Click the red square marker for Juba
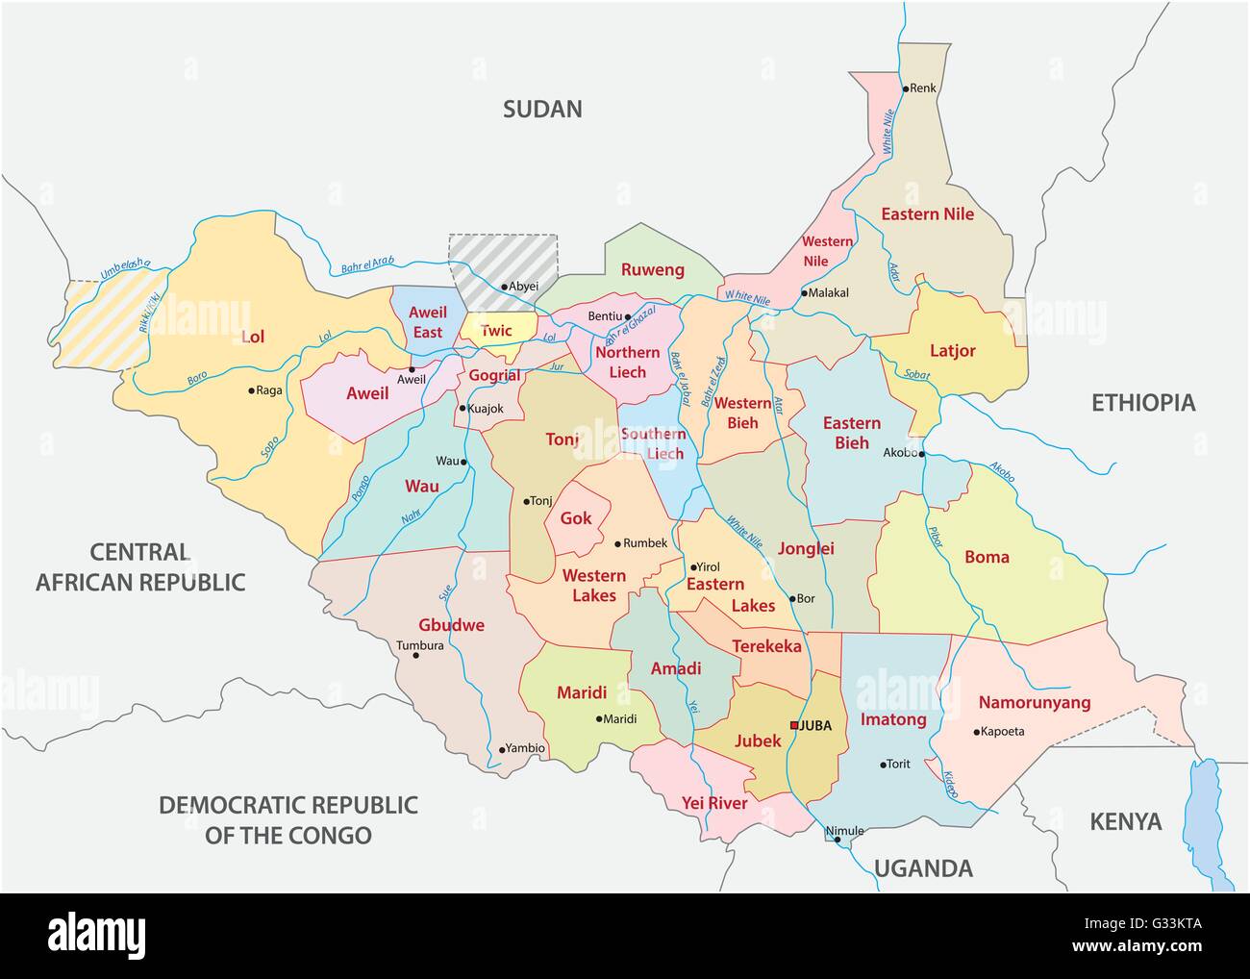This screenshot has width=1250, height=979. coord(793,725)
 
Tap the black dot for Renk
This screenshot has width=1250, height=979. coord(905,88)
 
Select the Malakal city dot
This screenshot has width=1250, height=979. coord(804,292)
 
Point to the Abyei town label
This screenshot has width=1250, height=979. coord(524,286)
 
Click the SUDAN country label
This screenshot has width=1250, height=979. coord(543,109)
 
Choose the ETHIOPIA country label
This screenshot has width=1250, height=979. coord(1143,403)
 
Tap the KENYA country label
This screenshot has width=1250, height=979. coord(1125,821)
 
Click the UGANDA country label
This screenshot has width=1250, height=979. coord(924,869)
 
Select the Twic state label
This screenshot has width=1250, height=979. coord(496,330)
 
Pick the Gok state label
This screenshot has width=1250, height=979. coord(576,518)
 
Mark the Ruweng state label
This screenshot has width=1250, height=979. coord(652,269)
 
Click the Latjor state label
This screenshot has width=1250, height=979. coord(952,351)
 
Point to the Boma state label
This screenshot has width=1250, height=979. coord(987,557)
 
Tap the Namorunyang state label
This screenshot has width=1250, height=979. coord(1034,702)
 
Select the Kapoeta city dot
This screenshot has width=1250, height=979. coord(978,732)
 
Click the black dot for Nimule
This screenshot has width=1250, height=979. coord(837,841)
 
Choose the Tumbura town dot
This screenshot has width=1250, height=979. coord(415,656)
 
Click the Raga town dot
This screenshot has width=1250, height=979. coord(251,390)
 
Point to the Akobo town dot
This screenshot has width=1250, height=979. coord(921,454)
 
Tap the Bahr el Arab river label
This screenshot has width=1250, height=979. coord(370,267)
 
